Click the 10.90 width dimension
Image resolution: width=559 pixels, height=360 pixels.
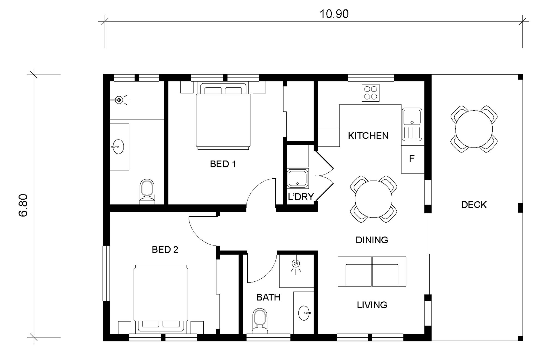pos(334,14)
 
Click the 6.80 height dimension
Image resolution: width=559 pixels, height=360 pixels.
pos(23,205)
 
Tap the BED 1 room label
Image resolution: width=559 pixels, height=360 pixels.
pos(223,164)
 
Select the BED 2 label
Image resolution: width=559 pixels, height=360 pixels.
pos(165,249)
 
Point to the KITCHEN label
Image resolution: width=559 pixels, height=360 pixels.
pos(368,136)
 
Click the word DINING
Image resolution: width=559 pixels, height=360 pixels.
pos(372,240)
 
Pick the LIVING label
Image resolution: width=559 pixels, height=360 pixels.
pos(372,305)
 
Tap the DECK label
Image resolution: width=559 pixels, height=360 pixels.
pos(474,205)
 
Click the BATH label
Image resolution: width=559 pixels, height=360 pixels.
pos(268,297)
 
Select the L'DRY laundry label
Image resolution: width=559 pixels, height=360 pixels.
pos(301,197)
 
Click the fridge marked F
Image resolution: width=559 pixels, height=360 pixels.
pos(413,159)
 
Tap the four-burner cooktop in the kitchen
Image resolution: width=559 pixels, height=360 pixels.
pos(370,93)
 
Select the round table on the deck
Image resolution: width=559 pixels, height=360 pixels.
pos(474,129)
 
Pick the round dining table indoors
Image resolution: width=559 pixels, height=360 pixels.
pos(373,199)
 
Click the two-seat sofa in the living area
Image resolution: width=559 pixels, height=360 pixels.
pos(372,272)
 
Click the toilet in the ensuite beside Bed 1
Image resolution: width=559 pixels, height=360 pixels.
pos(147,192)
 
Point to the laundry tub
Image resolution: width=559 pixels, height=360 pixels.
pos(298,178)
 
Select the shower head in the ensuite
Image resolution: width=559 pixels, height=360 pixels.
pos(119,100)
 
